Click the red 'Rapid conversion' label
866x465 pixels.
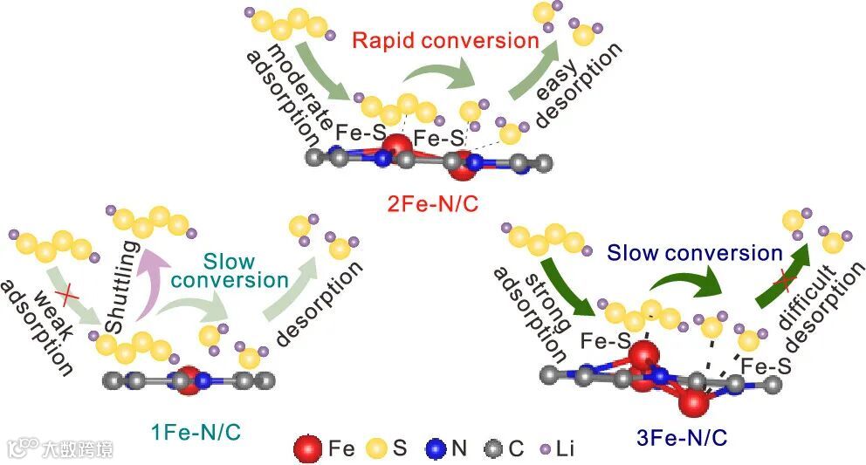pyautogui.click(x=445, y=40)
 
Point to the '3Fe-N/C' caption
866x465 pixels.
pyautogui.click(x=675, y=434)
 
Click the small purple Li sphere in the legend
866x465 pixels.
pyautogui.click(x=546, y=448)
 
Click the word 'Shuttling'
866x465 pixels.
pyautogui.click(x=123, y=285)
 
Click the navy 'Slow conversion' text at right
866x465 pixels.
pyautogui.click(x=695, y=253)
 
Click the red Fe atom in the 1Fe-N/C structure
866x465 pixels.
pyautogui.click(x=188, y=381)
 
